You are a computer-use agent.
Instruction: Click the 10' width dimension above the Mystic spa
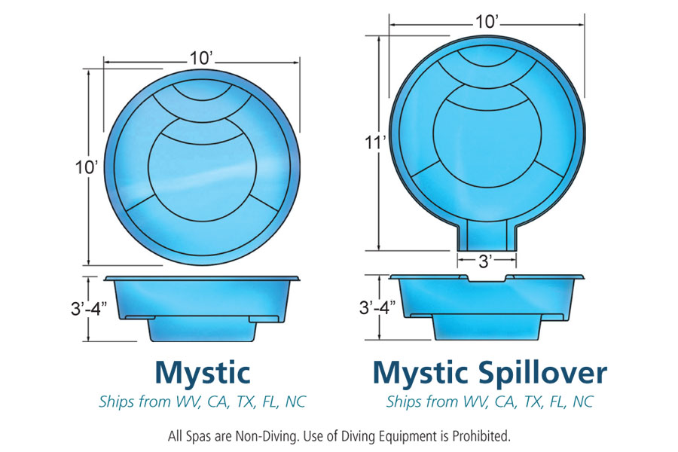point(202,57)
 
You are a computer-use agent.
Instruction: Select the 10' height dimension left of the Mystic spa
point(87,167)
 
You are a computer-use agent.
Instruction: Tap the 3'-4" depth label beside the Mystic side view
point(89,308)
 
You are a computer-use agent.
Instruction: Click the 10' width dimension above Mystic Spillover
point(488,21)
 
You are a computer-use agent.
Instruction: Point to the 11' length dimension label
point(375,142)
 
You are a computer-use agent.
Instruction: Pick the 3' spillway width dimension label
point(486,261)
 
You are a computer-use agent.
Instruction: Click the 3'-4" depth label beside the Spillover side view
point(377,307)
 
